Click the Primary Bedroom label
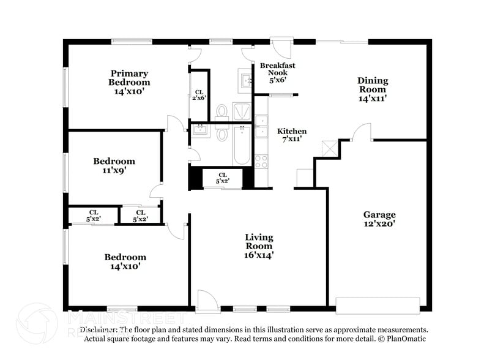[129, 82]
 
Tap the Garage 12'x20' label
[379, 219]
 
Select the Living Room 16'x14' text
[259, 246]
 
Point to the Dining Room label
[373, 89]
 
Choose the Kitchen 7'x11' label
[292, 135]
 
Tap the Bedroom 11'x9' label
[114, 166]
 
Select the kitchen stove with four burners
[261, 162]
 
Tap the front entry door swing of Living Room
[206, 299]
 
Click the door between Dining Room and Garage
[362, 132]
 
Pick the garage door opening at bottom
[378, 304]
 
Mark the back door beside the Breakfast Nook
[280, 48]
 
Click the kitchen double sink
[261, 126]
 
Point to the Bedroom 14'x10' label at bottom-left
[125, 262]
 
